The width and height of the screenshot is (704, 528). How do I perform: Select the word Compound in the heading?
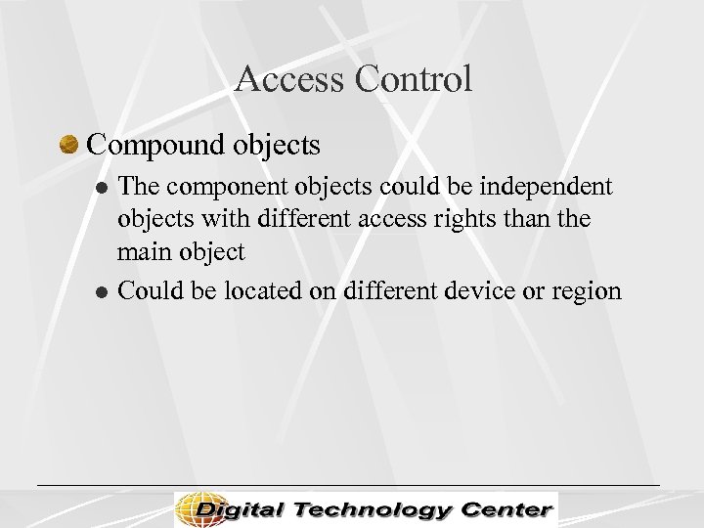click(156, 145)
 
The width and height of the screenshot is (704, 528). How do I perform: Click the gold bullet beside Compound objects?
click(68, 146)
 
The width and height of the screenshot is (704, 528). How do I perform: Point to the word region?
click(585, 291)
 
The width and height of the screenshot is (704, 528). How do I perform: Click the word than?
click(534, 218)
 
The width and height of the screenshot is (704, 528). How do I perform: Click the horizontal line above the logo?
click(348, 485)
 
